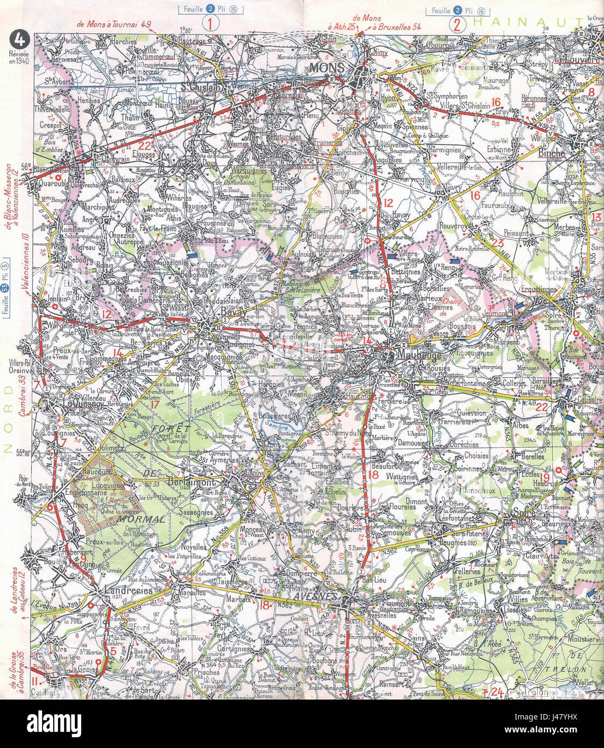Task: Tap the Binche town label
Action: (x=551, y=153)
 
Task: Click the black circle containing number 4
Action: (x=19, y=40)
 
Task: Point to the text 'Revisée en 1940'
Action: (x=20, y=57)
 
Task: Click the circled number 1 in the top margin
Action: (x=210, y=24)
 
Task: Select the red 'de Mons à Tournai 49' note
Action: (x=114, y=24)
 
